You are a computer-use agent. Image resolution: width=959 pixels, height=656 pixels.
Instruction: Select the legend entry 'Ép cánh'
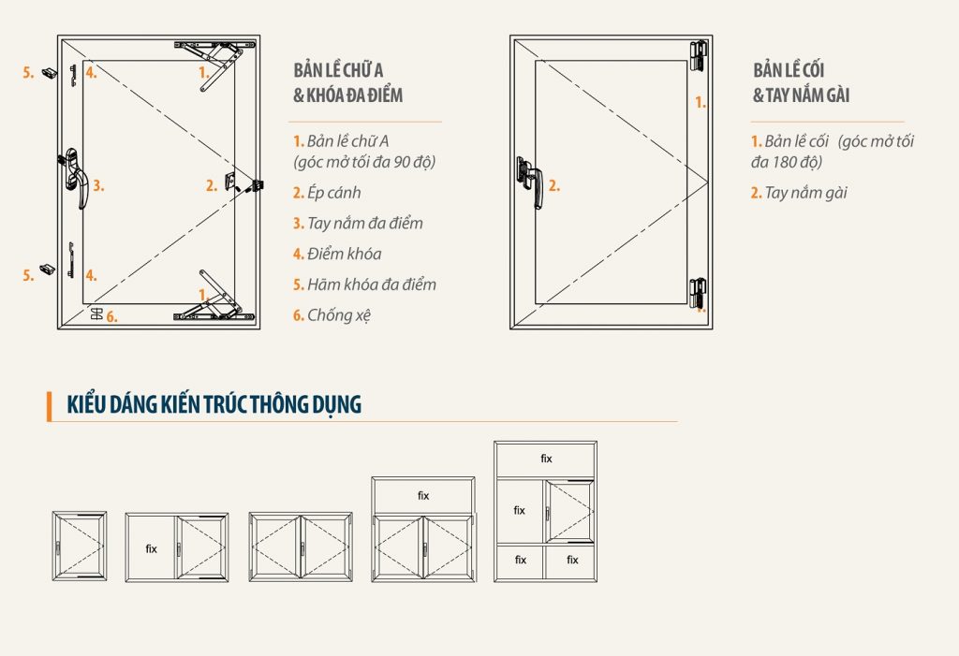pyautogui.click(x=327, y=193)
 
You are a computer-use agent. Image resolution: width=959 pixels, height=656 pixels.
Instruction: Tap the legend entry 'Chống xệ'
pyautogui.click(x=332, y=315)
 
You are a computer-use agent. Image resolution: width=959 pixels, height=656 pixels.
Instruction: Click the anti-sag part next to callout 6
pyautogui.click(x=96, y=314)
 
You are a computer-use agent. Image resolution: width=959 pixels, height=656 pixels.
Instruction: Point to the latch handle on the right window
pyautogui.click(x=530, y=182)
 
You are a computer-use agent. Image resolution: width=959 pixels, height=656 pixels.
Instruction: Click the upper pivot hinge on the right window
pyautogui.click(x=699, y=56)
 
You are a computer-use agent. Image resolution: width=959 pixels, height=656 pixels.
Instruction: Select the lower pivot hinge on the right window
pyautogui.click(x=699, y=294)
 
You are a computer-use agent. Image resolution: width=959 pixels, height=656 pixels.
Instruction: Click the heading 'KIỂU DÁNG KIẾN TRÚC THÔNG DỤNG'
pyautogui.click(x=214, y=404)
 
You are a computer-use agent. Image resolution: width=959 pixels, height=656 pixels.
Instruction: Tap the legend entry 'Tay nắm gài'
pyautogui.click(x=799, y=193)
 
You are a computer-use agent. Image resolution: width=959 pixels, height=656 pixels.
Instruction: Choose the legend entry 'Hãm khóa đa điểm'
pyautogui.click(x=364, y=284)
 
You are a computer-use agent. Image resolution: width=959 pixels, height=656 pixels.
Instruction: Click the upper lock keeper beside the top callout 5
pyautogui.click(x=50, y=73)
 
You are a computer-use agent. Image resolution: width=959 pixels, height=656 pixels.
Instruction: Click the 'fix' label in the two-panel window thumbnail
pyautogui.click(x=151, y=549)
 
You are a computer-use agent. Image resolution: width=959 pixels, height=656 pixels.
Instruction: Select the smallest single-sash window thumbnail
pyautogui.click(x=80, y=547)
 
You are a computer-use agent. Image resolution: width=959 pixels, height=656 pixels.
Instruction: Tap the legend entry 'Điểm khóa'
pyautogui.click(x=337, y=255)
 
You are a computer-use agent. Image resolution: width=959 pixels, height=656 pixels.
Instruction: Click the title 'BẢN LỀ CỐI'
pyautogui.click(x=789, y=70)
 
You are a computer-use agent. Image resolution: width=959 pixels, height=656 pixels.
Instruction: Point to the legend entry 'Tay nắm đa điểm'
pyautogui.click(x=358, y=224)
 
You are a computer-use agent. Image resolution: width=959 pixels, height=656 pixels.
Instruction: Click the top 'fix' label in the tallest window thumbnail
pyautogui.click(x=546, y=459)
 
